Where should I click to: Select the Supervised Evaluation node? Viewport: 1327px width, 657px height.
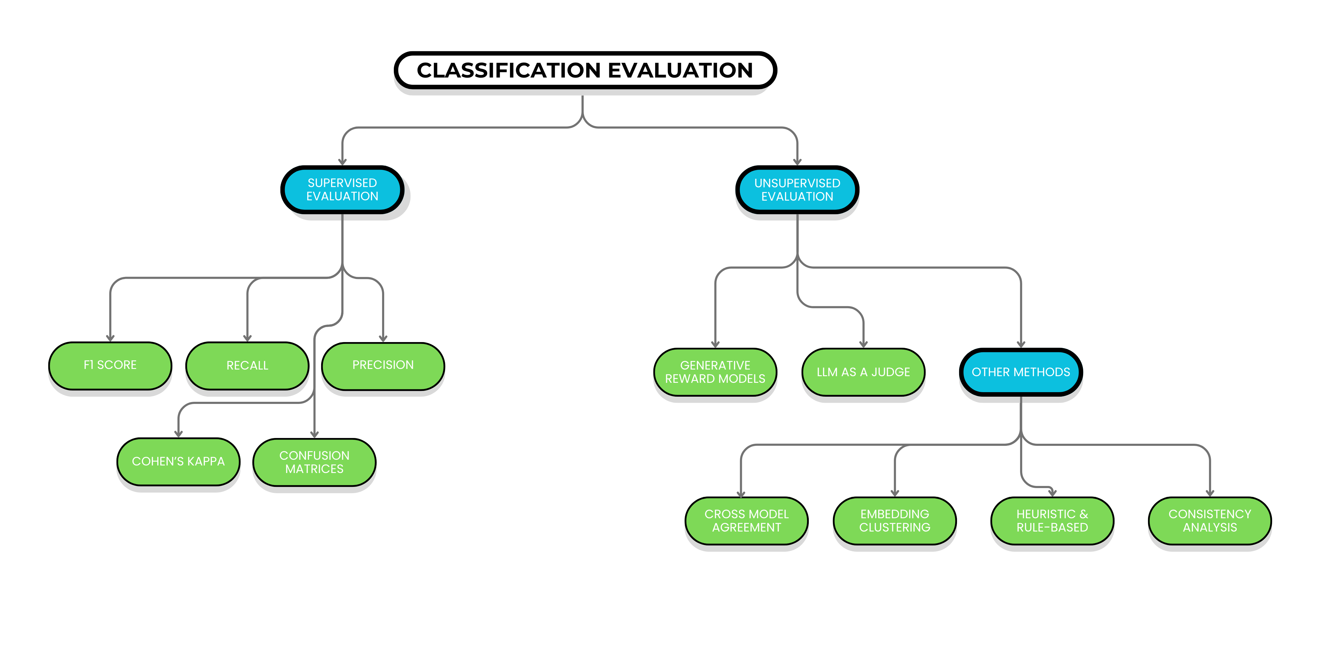(342, 189)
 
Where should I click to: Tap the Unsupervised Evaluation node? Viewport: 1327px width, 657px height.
(797, 189)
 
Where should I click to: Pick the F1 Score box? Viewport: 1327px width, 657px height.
(110, 365)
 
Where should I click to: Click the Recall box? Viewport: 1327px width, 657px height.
(247, 366)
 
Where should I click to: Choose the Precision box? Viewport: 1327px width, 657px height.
(383, 365)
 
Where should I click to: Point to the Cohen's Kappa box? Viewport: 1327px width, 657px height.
(178, 461)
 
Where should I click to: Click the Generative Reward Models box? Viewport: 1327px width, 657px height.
(715, 372)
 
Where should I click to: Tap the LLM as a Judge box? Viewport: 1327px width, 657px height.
(863, 372)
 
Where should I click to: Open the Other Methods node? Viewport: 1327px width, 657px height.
(1020, 372)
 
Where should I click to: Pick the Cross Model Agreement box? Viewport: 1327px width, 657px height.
(746, 521)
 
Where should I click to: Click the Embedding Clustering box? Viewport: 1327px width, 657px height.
(895, 521)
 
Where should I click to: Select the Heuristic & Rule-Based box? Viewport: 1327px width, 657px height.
(1052, 521)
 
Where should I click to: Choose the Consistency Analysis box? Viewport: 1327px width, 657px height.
(1210, 521)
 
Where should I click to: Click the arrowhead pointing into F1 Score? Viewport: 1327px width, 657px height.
(110, 338)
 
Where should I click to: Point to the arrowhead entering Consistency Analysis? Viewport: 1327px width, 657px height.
(1210, 493)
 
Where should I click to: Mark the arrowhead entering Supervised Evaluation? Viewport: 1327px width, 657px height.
(342, 162)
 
